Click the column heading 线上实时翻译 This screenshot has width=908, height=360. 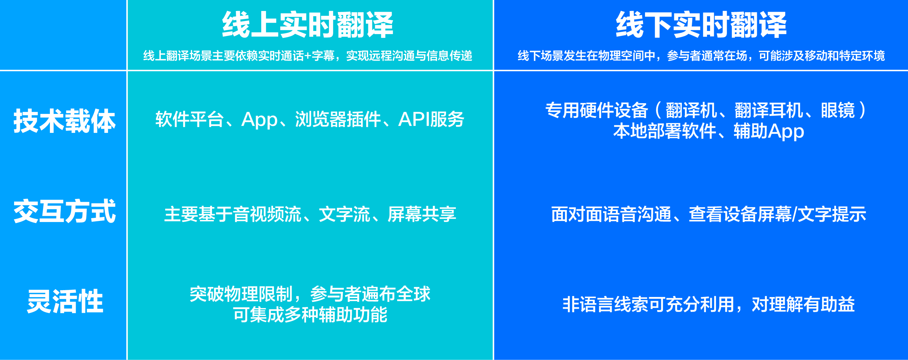click(307, 25)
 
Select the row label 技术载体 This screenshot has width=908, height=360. click(64, 121)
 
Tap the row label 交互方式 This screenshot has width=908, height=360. click(64, 211)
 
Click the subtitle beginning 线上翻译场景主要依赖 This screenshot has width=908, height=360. click(307, 56)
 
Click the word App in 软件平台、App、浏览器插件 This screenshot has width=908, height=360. click(259, 119)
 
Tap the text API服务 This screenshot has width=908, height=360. click(431, 119)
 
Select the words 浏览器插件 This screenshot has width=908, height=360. click(338, 119)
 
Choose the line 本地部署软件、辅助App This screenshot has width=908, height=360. click(708, 131)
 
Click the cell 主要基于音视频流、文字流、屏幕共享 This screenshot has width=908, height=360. click(310, 214)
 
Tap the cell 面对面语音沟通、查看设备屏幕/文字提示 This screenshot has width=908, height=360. click(708, 214)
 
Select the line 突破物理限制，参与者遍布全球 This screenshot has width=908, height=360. click(310, 294)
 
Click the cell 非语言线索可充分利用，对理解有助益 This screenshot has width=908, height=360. click(708, 305)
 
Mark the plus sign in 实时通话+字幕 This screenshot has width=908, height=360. click(307, 56)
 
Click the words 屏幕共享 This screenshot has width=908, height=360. click(422, 214)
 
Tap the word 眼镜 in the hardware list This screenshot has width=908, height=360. click(837, 110)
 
